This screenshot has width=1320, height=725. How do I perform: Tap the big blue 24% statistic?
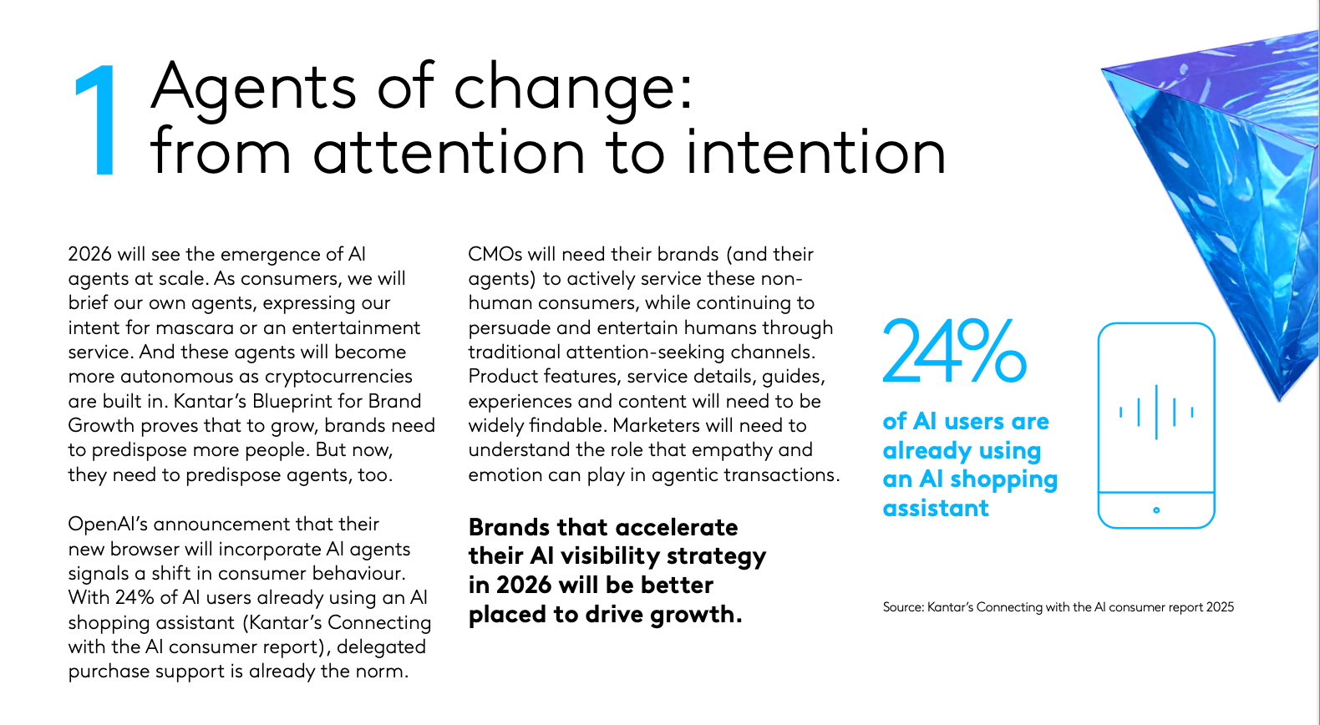point(953,351)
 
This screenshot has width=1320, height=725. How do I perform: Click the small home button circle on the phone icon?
point(1156,510)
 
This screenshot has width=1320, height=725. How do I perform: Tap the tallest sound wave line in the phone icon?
point(1156,412)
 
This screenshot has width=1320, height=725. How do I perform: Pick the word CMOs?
point(495,254)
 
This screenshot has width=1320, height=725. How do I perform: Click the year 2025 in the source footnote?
point(1220,607)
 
